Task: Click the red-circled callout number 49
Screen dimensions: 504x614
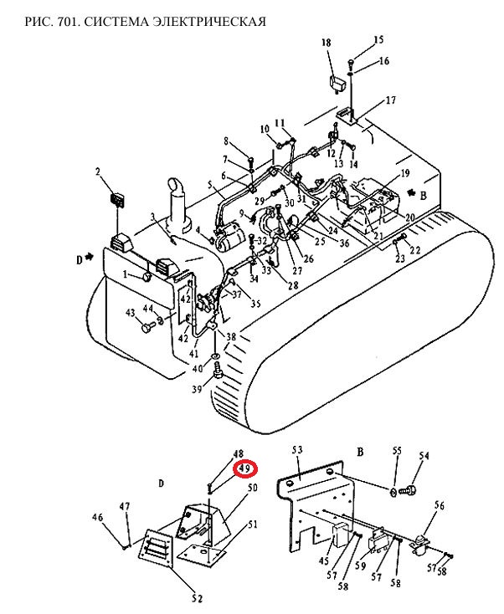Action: (x=244, y=468)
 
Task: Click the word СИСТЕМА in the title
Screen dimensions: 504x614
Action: (x=116, y=21)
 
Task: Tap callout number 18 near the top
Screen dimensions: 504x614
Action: (x=326, y=43)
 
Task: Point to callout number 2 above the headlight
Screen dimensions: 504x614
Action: (x=98, y=171)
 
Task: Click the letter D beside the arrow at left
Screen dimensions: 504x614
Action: (x=80, y=259)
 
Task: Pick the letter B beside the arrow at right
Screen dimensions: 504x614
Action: (x=424, y=195)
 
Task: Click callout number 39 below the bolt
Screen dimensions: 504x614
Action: (x=197, y=389)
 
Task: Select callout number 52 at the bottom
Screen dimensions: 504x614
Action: (x=198, y=598)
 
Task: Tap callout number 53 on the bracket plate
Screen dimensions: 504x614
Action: (x=297, y=450)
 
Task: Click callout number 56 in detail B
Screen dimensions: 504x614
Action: (x=440, y=505)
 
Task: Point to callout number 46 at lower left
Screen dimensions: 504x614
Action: (x=98, y=517)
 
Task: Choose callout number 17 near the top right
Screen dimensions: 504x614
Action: (x=390, y=100)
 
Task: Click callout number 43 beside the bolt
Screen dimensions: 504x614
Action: (x=130, y=313)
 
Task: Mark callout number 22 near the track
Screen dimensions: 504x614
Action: (x=415, y=249)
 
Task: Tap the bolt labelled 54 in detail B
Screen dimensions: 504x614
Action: (x=409, y=490)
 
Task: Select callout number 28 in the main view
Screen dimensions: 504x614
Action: (x=293, y=285)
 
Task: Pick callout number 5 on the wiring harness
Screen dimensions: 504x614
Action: (x=209, y=184)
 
